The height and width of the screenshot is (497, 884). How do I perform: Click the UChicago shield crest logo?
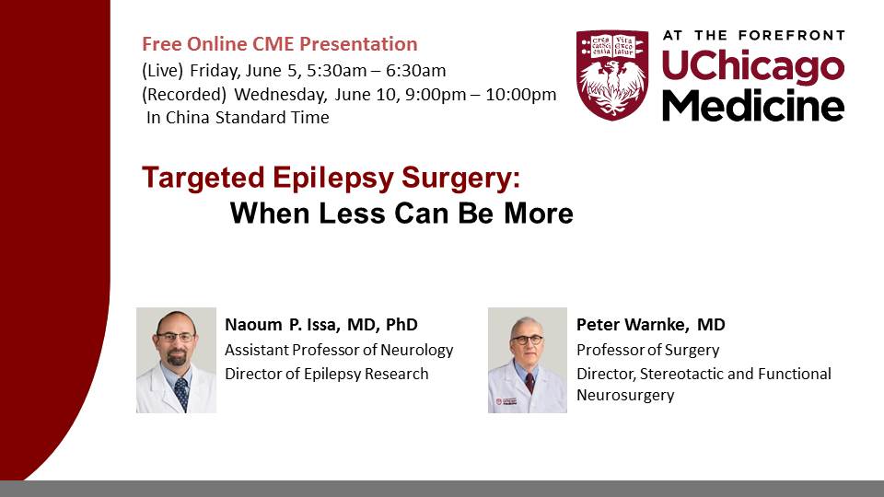(x=612, y=75)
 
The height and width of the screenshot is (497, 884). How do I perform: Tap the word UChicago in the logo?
(x=753, y=67)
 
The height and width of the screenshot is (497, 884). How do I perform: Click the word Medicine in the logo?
(x=753, y=105)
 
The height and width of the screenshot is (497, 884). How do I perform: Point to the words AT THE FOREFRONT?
(x=754, y=36)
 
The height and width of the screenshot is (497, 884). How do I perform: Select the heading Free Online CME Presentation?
(x=280, y=44)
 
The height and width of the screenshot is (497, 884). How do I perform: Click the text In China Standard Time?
(x=238, y=118)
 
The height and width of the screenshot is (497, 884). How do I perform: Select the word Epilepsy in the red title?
(x=333, y=179)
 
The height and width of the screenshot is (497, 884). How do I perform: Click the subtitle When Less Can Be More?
(x=401, y=214)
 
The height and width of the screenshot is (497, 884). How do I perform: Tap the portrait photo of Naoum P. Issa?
(x=177, y=360)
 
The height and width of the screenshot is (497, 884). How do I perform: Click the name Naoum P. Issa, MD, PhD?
(x=321, y=325)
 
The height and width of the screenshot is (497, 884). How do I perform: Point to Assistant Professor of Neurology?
(x=339, y=350)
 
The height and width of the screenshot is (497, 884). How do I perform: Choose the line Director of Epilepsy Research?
(x=326, y=375)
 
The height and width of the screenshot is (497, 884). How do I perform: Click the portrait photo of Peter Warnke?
(x=528, y=360)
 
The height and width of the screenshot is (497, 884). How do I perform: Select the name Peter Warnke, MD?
(x=651, y=325)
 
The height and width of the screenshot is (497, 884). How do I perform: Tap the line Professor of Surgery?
(x=647, y=350)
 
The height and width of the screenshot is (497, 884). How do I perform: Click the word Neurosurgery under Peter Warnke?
(x=625, y=395)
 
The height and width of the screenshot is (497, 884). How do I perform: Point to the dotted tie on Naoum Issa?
(x=181, y=393)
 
